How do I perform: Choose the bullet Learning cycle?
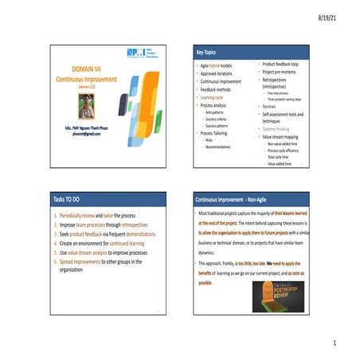(x=214, y=97)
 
